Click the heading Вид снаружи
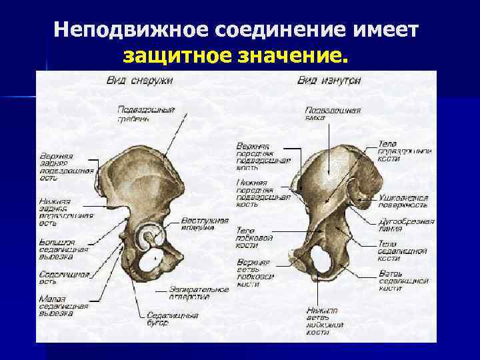pyautogui.click(x=139, y=81)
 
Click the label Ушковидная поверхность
pyautogui.click(x=403, y=201)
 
